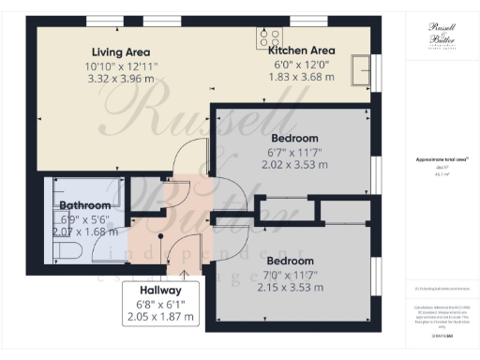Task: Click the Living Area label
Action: point(121,52)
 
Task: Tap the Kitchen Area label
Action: point(302,50)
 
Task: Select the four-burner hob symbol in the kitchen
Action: point(271,37)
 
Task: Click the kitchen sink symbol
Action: point(360,68)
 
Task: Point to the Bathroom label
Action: point(84,205)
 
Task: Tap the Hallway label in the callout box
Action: point(162,291)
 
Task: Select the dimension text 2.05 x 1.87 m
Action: point(162,318)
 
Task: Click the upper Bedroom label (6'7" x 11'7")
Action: point(294,137)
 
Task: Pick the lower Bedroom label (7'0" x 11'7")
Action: point(294,261)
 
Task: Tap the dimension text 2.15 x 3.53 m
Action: point(294,289)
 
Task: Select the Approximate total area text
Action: point(439,160)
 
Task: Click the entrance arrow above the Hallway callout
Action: point(184,273)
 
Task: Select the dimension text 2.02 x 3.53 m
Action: point(294,164)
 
